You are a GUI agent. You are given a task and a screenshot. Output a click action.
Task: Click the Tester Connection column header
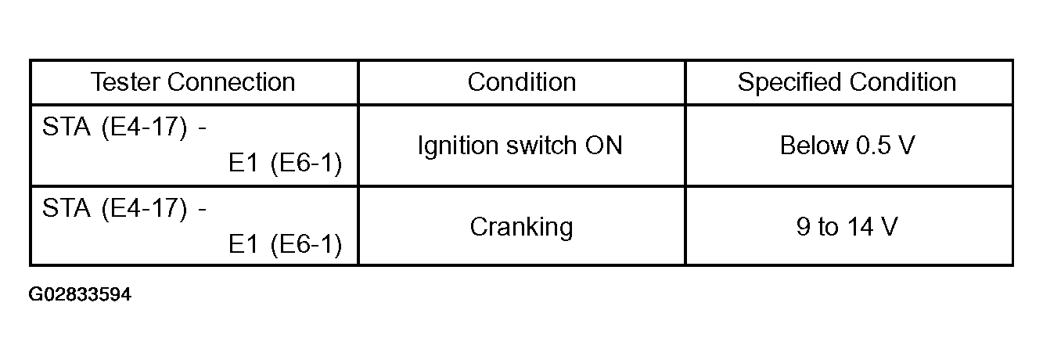[192, 82]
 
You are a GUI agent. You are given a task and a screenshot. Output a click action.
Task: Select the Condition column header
[521, 82]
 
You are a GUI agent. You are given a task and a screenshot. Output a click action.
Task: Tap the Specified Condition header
[847, 82]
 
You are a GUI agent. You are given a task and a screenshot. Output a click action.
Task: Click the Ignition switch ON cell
[520, 146]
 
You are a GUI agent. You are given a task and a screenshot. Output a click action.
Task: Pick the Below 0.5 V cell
[847, 146]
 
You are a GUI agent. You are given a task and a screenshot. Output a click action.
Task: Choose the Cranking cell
[521, 228]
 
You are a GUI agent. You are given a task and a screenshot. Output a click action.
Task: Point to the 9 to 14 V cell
[847, 227]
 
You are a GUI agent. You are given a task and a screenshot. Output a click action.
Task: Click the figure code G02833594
[80, 294]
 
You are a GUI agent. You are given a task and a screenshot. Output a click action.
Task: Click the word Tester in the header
[126, 82]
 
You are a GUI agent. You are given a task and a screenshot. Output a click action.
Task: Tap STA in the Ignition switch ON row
[67, 126]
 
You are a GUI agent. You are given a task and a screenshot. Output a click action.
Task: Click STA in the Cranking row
[67, 207]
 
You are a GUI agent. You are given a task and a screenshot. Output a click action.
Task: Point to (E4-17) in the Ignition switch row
[144, 127]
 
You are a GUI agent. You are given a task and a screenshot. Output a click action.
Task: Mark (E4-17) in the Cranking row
[144, 208]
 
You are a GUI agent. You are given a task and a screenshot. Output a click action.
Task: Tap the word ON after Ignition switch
[603, 146]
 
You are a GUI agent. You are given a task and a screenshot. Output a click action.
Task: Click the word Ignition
[459, 146]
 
